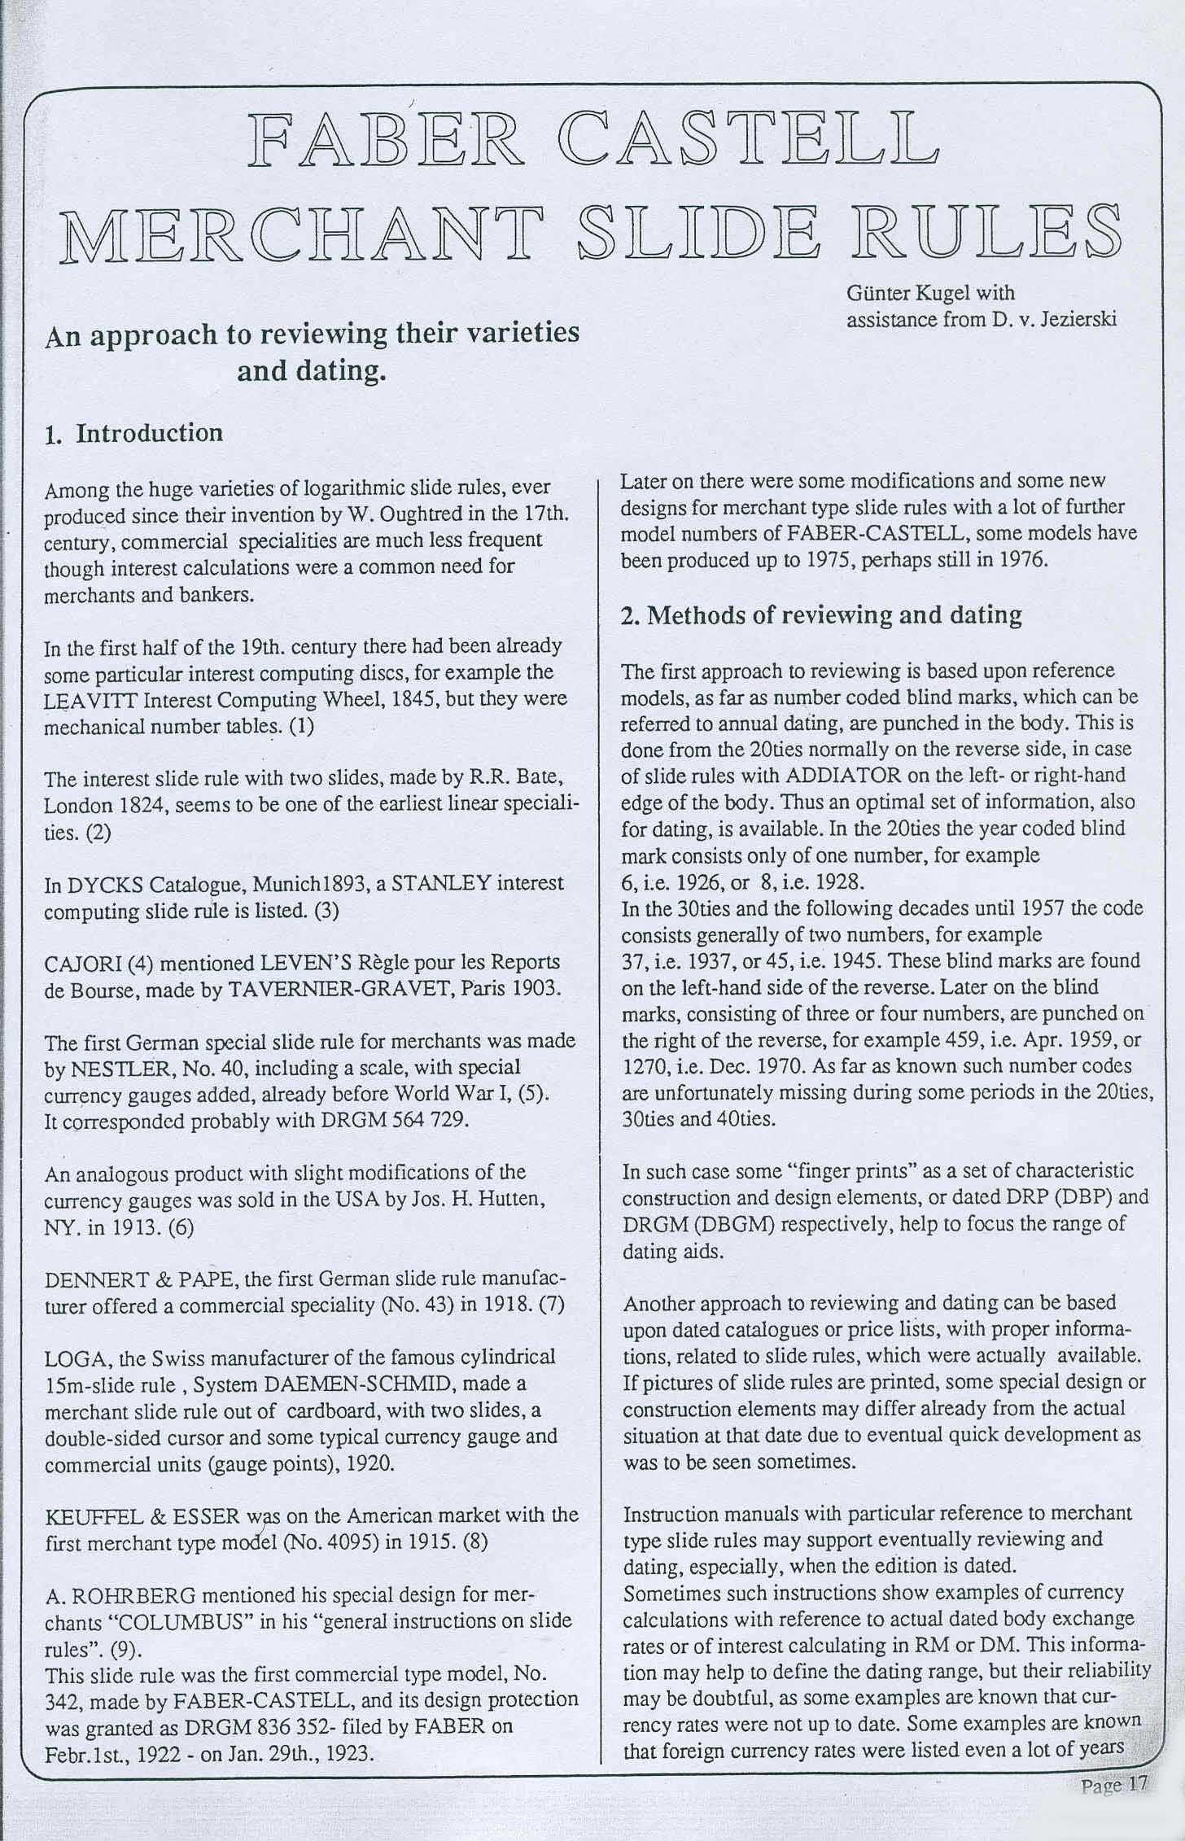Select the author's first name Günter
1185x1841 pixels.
point(875,293)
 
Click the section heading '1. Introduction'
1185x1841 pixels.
point(133,433)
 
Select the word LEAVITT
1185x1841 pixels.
point(80,700)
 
